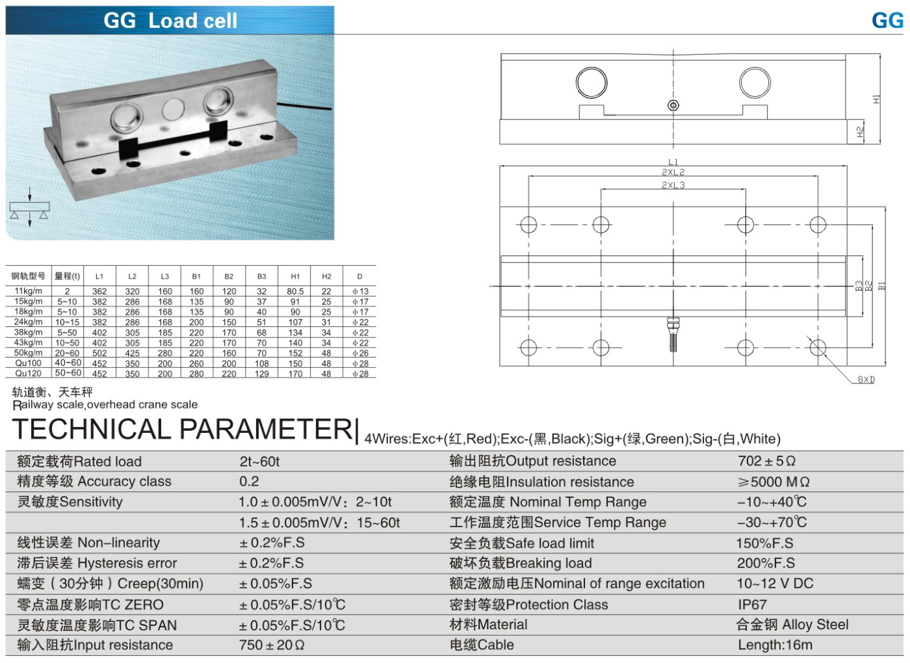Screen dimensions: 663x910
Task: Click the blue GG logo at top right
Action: (887, 21)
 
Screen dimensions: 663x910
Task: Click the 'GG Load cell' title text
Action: (170, 21)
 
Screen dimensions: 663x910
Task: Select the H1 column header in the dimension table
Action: (295, 276)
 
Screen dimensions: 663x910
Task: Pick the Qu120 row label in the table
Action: (29, 374)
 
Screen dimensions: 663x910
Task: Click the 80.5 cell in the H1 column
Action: (295, 292)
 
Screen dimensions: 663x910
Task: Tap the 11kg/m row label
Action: (29, 291)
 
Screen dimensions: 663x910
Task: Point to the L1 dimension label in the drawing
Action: (673, 162)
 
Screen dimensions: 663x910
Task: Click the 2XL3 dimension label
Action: (673, 185)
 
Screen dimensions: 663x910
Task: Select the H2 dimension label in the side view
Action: (861, 131)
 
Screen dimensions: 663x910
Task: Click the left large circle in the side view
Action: (591, 83)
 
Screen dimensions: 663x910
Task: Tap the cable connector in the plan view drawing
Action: (673, 331)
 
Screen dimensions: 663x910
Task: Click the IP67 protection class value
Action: (752, 604)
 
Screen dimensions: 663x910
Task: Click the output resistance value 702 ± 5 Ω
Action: (766, 461)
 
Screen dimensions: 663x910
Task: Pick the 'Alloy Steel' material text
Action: (815, 625)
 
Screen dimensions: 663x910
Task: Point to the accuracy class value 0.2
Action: (249, 482)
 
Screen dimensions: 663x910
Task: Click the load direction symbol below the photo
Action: (29, 208)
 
